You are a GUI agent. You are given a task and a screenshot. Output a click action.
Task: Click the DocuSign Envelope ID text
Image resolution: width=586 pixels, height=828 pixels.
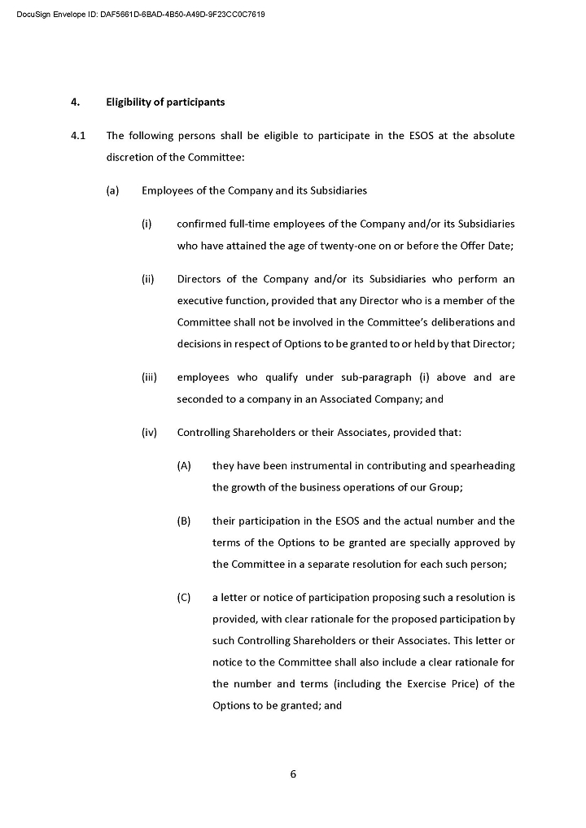click(140, 15)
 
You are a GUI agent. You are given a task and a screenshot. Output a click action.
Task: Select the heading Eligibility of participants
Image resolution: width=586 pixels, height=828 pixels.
click(165, 102)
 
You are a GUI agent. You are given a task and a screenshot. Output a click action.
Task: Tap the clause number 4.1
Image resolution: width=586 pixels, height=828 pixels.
click(78, 136)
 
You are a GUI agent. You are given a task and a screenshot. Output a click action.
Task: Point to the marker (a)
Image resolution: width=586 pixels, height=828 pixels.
click(112, 191)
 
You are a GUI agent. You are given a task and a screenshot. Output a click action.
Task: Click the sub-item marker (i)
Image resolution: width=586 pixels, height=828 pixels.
click(147, 224)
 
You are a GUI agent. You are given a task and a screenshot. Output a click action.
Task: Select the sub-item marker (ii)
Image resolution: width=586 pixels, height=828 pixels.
click(148, 280)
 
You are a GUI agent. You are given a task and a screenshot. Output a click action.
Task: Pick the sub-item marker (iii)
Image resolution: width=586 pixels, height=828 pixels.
click(149, 377)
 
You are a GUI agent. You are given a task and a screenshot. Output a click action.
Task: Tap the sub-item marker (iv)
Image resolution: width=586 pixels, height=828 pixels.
click(149, 433)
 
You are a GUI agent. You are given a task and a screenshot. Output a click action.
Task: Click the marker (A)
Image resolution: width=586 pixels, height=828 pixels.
click(184, 466)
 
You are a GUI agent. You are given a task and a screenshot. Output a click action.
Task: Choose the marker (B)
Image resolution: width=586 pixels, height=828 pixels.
click(184, 521)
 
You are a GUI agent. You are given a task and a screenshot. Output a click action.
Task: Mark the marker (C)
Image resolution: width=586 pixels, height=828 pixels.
click(184, 598)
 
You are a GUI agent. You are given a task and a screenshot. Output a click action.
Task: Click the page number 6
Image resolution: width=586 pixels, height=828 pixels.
click(293, 774)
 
